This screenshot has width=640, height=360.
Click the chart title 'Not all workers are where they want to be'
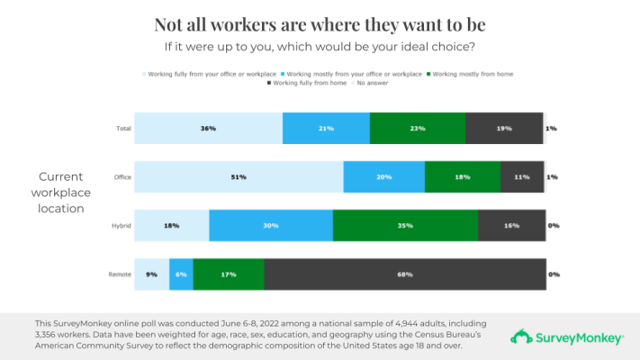tap(320, 24)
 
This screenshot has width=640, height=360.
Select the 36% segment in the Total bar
tap(208, 129)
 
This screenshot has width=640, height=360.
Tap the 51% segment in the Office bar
tap(239, 177)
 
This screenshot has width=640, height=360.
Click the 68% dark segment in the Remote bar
tap(404, 274)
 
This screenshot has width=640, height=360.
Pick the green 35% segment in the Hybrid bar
tap(405, 226)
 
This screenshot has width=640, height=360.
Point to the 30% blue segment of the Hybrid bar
tap(271, 226)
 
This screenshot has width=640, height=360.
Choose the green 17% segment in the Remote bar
tap(229, 274)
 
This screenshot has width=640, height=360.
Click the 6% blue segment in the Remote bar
tap(181, 274)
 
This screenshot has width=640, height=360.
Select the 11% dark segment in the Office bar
tap(522, 177)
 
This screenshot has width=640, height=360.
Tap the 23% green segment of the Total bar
tap(418, 129)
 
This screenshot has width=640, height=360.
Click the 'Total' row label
tap(123, 129)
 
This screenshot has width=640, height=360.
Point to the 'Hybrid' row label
tap(122, 226)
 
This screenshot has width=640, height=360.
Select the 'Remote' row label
tap(121, 274)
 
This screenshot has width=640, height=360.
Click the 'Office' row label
tap(122, 177)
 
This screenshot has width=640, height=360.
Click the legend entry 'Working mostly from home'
tap(472, 74)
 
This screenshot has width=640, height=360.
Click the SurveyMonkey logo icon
tap(521, 337)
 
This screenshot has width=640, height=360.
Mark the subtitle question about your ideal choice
tap(320, 45)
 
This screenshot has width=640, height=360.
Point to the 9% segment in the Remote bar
tap(151, 274)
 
